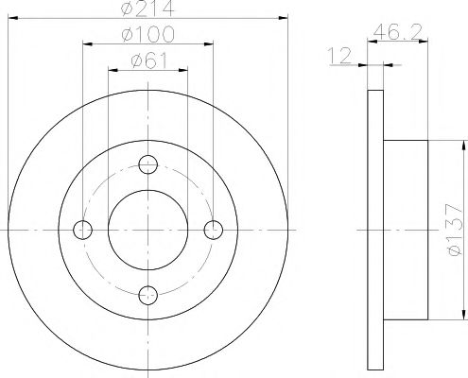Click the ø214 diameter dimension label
pyautogui.click(x=147, y=8)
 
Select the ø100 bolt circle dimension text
pyautogui.click(x=147, y=34)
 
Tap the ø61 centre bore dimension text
pyautogui.click(x=149, y=60)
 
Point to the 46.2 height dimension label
pyautogui.click(x=396, y=32)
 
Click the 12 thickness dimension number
pyautogui.click(x=339, y=56)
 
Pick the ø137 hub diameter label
pyautogui.click(x=454, y=230)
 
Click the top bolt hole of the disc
pyautogui.click(x=148, y=164)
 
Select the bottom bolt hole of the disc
pyautogui.click(x=148, y=295)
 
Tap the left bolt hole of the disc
pyautogui.click(x=82, y=230)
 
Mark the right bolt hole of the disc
pyautogui.click(x=214, y=230)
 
